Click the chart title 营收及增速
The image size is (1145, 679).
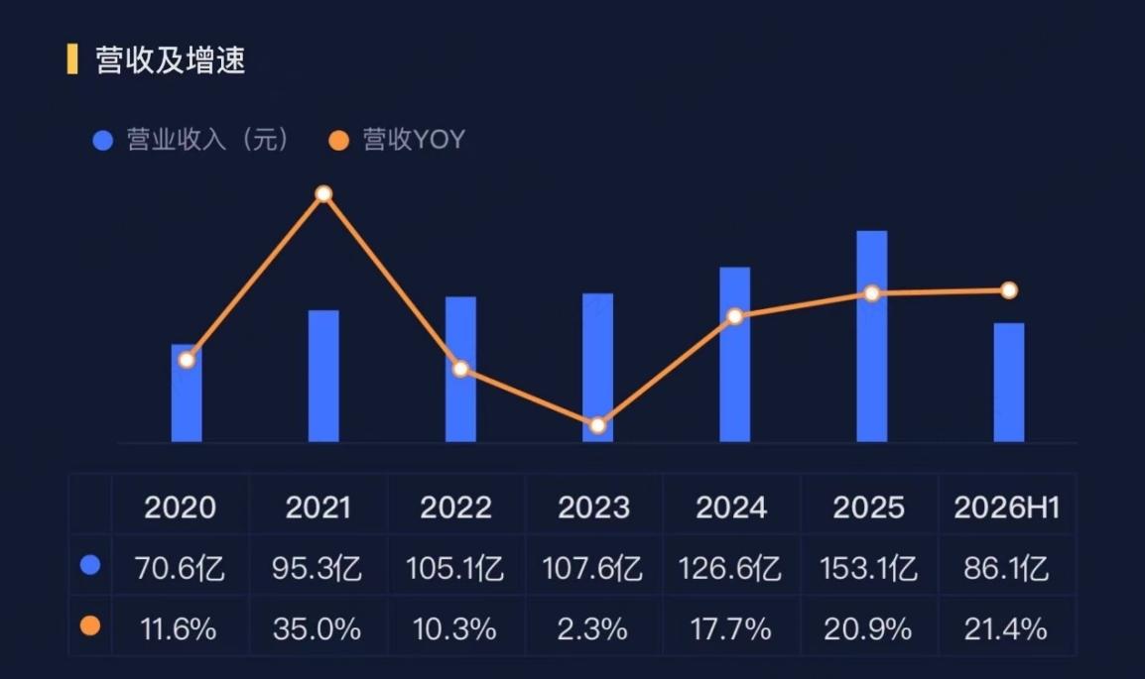pos(170,59)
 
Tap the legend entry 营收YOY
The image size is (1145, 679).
pos(397,140)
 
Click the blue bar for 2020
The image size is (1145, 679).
pos(187,394)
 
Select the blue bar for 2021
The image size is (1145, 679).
pos(323,377)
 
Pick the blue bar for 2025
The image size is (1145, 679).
pos(872,336)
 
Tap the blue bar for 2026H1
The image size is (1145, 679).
pos(1009,383)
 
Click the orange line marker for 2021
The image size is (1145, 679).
pos(323,194)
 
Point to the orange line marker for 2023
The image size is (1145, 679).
pos(597,425)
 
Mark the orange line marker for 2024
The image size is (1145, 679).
pos(734,316)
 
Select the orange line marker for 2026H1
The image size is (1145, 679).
pos(1009,290)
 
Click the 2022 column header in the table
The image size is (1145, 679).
pos(455,508)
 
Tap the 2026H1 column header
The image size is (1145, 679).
pos(1006,508)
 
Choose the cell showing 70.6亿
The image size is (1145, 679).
pos(180,568)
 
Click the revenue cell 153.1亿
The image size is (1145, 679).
pos(868,568)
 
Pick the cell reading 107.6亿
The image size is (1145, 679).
pos(592,568)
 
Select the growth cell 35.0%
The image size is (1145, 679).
pos(317,628)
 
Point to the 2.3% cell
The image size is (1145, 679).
pos(592,628)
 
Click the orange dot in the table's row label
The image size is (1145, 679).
pos(90,625)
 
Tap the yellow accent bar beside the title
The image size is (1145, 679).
pos(72,59)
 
